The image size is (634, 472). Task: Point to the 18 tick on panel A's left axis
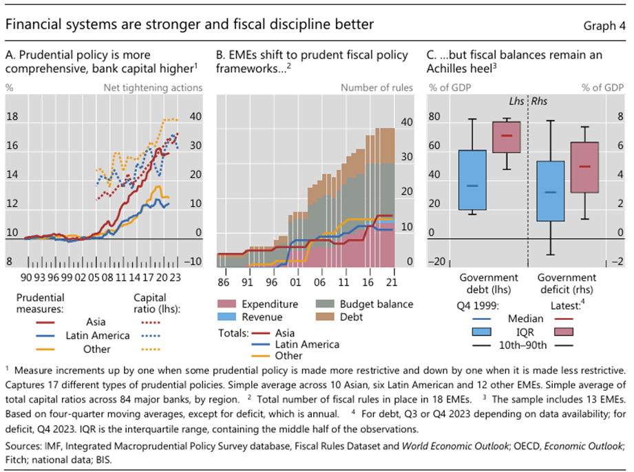tap(12, 117)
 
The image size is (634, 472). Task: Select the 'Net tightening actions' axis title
tap(153, 87)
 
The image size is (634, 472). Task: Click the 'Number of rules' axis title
tap(377, 87)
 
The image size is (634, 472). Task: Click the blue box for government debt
tap(472, 180)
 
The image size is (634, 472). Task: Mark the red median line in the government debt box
tap(506, 136)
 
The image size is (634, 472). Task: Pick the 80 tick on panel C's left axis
tap(435, 117)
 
